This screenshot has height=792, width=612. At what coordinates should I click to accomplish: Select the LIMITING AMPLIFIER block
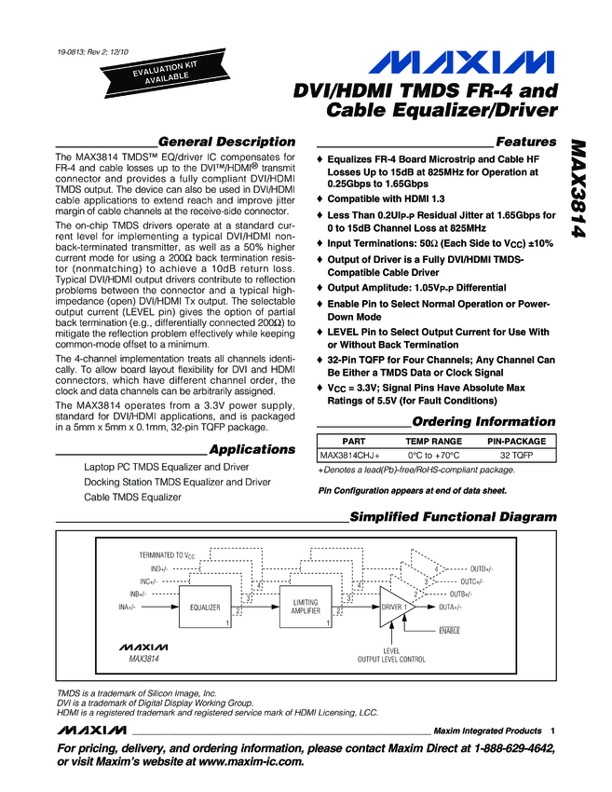pos(306,607)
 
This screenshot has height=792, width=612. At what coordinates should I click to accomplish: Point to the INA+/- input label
pos(127,607)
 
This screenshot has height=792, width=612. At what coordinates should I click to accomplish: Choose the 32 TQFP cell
pos(516,456)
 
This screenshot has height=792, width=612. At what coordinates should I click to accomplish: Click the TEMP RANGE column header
pos(433,440)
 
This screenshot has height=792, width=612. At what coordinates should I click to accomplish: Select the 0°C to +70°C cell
pos(433,456)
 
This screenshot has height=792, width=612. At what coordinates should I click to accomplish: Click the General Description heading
pos(226,142)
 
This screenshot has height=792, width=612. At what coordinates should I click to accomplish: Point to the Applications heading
pos(252,449)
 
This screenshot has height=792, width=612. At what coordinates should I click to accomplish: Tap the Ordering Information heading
pos(483,421)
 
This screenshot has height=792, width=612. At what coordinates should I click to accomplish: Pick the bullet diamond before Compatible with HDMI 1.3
pos(321,199)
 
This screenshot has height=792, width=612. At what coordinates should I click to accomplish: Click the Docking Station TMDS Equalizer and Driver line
pos(178,483)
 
